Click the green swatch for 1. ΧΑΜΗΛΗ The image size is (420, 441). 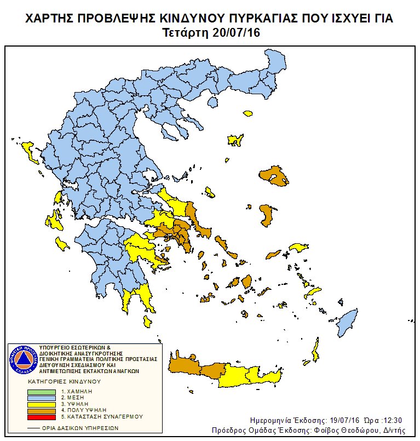(x=42, y=391)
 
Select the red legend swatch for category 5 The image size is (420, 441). (x=42, y=416)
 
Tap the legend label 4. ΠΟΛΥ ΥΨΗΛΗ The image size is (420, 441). (x=83, y=410)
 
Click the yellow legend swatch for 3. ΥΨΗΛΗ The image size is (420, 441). (x=42, y=404)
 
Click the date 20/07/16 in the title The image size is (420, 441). (x=235, y=33)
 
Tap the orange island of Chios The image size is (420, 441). (x=266, y=215)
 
